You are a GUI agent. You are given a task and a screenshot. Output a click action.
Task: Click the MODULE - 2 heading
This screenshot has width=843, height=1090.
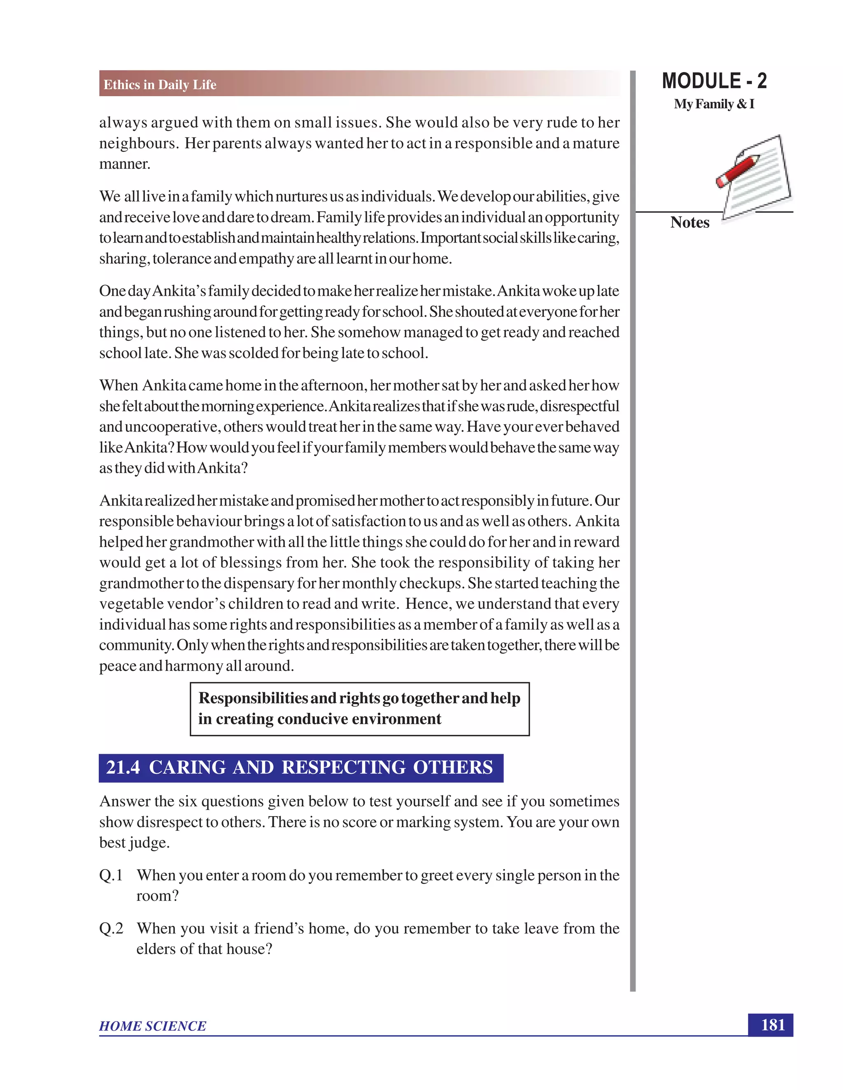pos(714,81)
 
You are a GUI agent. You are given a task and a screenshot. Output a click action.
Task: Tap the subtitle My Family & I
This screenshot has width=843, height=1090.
pos(714,104)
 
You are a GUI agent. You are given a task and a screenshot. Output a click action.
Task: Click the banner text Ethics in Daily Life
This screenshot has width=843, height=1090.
pos(160,85)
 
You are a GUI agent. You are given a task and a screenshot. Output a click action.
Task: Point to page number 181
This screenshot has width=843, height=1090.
pos(772,1025)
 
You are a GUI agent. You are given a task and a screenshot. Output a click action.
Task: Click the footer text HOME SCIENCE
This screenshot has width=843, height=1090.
pos(152,1026)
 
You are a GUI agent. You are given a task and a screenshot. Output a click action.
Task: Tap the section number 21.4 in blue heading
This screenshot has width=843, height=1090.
pos(123,768)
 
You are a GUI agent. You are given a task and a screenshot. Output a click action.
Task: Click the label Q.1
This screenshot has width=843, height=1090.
pos(111,875)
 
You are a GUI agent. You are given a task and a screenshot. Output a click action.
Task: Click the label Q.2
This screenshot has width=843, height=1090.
pos(111,928)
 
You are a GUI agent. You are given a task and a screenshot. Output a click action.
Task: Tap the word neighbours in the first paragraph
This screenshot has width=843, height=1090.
pos(138,144)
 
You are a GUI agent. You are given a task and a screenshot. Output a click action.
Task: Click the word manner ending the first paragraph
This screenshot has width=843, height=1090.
pos(124,164)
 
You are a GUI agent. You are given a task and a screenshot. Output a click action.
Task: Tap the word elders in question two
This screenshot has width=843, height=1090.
pos(155,949)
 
